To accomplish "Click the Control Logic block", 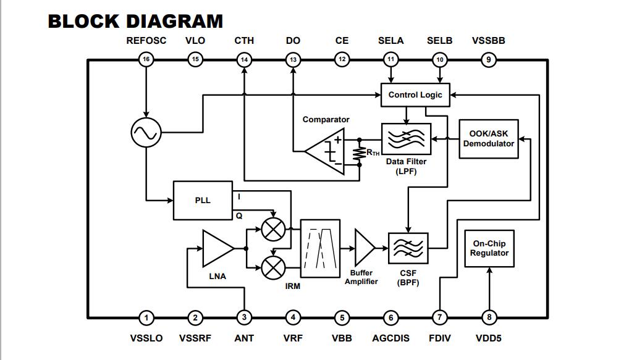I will click(415, 95).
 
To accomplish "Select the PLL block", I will click(203, 200).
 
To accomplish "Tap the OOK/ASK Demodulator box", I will click(489, 139).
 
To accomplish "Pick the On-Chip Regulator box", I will click(489, 248).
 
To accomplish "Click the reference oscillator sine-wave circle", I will click(146, 132).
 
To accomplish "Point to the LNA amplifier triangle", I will click(217, 248).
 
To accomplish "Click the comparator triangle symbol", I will click(326, 151).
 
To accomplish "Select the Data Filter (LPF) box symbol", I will click(406, 139).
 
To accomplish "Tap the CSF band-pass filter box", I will click(407, 248).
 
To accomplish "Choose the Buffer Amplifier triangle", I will click(365, 248).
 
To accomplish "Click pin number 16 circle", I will click(146, 60).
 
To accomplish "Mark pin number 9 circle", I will click(489, 60).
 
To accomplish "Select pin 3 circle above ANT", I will click(244, 318).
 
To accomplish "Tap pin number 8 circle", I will click(489, 318).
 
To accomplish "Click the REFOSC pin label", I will click(146, 41).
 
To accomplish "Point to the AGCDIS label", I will click(390, 338).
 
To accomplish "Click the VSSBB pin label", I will click(489, 41).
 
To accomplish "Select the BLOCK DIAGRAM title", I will click(135, 21).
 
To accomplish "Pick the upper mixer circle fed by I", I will click(272, 229).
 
